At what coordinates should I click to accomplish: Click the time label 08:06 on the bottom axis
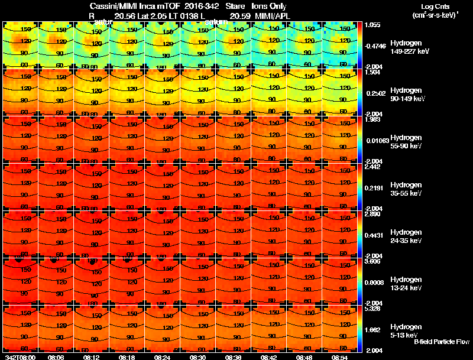(x=56, y=356)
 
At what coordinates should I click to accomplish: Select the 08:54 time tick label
(x=339, y=356)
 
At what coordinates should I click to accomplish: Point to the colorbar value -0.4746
(x=376, y=46)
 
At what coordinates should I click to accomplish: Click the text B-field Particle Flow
(x=442, y=342)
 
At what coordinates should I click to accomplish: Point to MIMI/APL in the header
(x=273, y=15)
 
